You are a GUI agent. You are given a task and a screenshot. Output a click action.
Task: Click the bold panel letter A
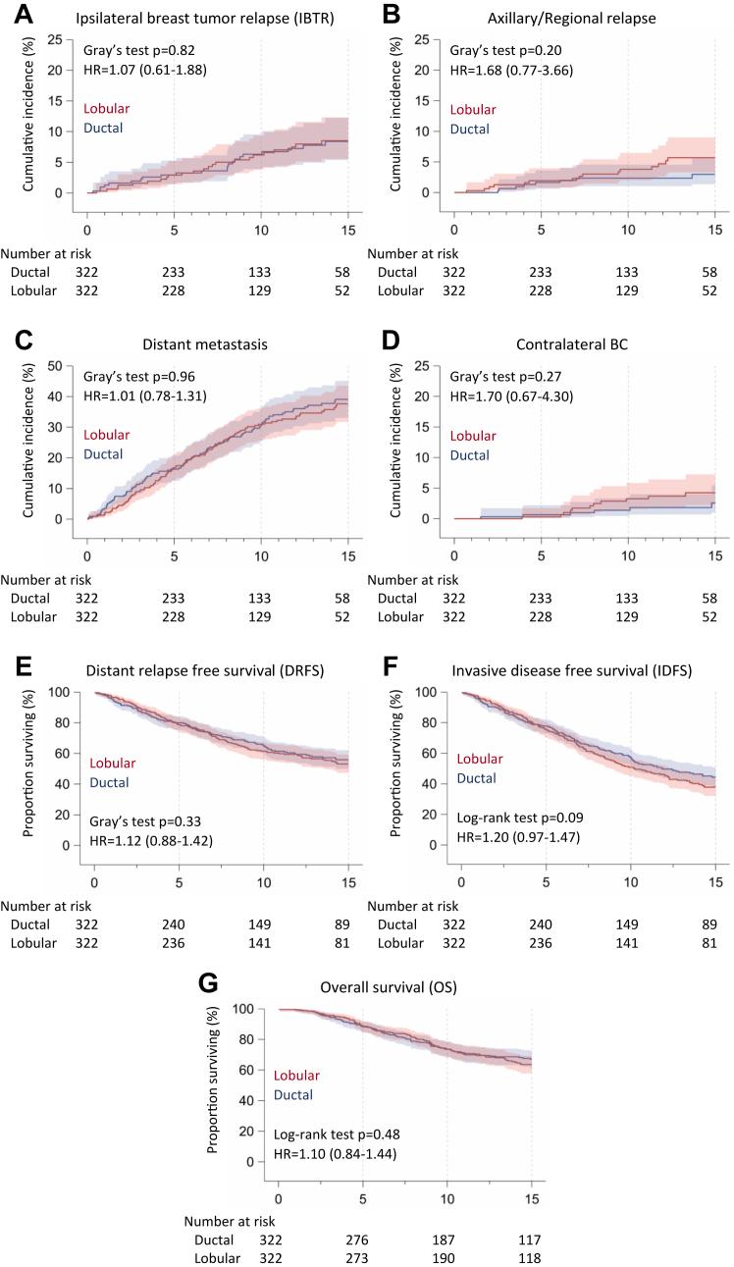pos(18,17)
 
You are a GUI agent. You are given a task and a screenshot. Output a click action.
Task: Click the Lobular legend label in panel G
pos(296,1075)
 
